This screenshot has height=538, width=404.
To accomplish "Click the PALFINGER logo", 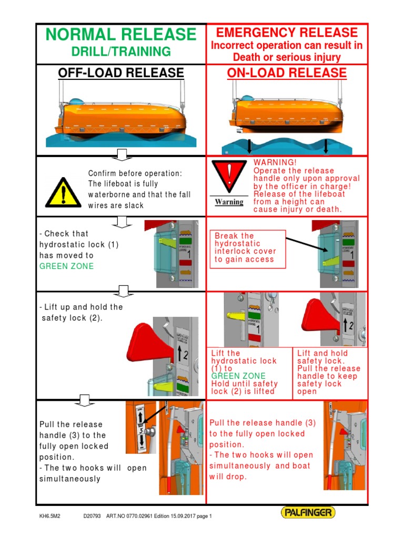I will [x=308, y=512].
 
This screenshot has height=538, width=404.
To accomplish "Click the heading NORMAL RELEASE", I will [x=120, y=35].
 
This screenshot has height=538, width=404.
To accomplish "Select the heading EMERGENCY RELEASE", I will [x=287, y=32].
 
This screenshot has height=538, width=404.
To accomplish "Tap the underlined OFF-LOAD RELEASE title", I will [x=120, y=73].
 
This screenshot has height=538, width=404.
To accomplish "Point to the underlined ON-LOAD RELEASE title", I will [x=287, y=73].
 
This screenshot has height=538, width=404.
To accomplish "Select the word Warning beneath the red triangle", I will [x=229, y=202].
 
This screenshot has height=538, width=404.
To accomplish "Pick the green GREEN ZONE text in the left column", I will [x=66, y=266].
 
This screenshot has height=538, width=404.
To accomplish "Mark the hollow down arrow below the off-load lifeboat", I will [x=121, y=154].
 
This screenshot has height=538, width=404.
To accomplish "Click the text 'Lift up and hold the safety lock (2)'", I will [x=81, y=313].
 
